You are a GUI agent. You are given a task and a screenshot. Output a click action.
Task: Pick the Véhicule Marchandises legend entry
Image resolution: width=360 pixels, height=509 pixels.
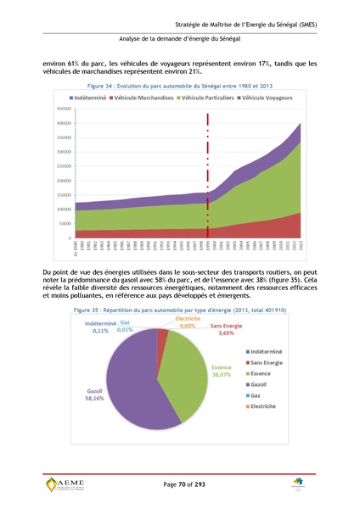(x=139, y=99)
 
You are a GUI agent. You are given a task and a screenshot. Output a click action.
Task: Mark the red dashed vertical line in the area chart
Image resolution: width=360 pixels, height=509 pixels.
(x=207, y=170)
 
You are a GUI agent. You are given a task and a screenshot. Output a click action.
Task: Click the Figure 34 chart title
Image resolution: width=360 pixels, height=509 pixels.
(x=180, y=87)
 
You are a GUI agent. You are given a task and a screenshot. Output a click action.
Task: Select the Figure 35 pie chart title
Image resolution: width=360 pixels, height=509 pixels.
(x=180, y=311)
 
